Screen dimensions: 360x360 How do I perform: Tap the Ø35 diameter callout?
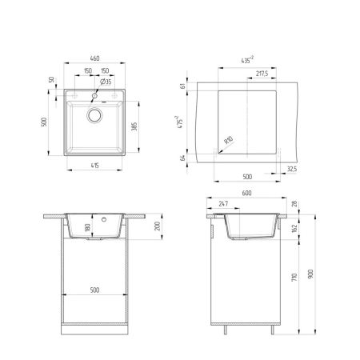(106, 82)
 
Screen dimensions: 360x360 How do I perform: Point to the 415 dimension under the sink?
(94, 166)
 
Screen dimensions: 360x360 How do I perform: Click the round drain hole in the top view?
(94, 115)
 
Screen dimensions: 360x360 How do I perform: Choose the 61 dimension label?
(184, 86)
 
